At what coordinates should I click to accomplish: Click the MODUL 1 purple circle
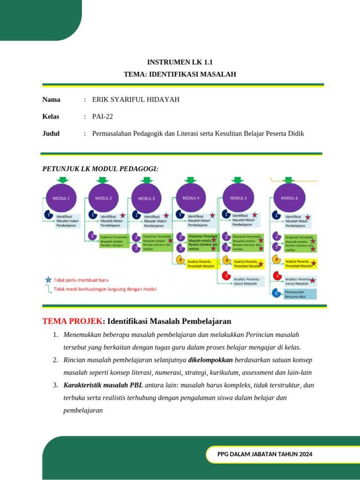point(61,198)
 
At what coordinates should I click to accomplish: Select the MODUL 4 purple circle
point(191,198)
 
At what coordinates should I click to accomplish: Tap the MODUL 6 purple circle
point(289,198)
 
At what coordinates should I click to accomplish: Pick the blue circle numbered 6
point(277,293)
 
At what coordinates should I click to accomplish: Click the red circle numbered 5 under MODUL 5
point(226,277)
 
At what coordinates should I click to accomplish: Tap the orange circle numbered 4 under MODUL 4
point(180,261)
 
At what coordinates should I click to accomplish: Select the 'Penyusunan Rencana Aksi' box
point(300,294)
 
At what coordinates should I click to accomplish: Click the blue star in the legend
point(48,280)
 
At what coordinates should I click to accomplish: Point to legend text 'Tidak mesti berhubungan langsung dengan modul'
point(105,289)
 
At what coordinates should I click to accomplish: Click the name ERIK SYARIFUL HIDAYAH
point(136,99)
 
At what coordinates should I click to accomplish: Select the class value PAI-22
point(103,116)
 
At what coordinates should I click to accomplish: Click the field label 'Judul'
point(51,134)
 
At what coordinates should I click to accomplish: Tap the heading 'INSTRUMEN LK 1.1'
point(180,62)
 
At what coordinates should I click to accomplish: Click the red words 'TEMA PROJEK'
point(72,321)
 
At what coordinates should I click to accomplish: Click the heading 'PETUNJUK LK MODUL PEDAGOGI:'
point(100,169)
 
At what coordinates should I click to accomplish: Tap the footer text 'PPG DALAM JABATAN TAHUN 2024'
point(265,454)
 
